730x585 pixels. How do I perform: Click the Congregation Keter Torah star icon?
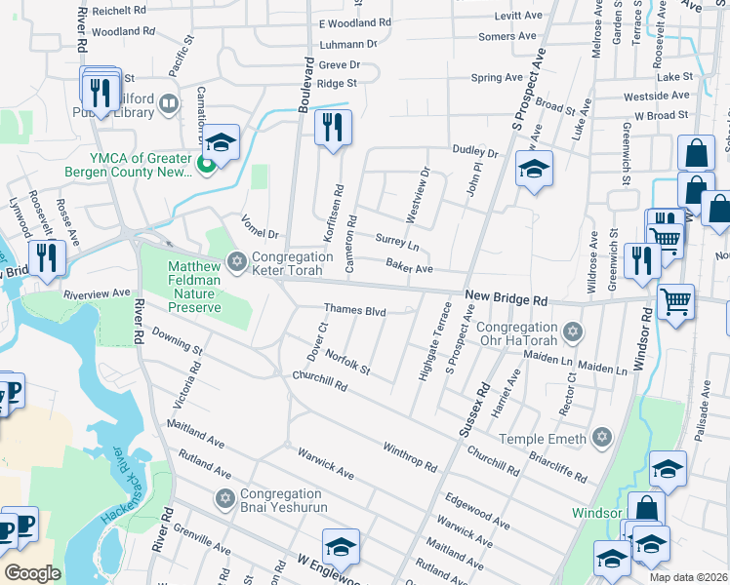click(235, 260)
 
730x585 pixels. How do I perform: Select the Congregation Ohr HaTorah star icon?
click(573, 332)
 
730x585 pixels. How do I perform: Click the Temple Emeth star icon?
click(602, 439)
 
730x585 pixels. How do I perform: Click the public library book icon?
click(169, 103)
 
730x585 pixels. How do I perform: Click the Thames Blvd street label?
click(355, 312)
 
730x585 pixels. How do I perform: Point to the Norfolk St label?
click(347, 363)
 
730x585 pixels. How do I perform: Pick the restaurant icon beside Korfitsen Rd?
click(333, 127)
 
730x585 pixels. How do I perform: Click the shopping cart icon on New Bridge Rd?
click(675, 301)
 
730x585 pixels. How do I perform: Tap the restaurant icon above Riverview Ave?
click(47, 257)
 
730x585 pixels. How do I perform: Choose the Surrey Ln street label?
click(396, 243)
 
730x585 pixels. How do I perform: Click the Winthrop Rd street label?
click(410, 453)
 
